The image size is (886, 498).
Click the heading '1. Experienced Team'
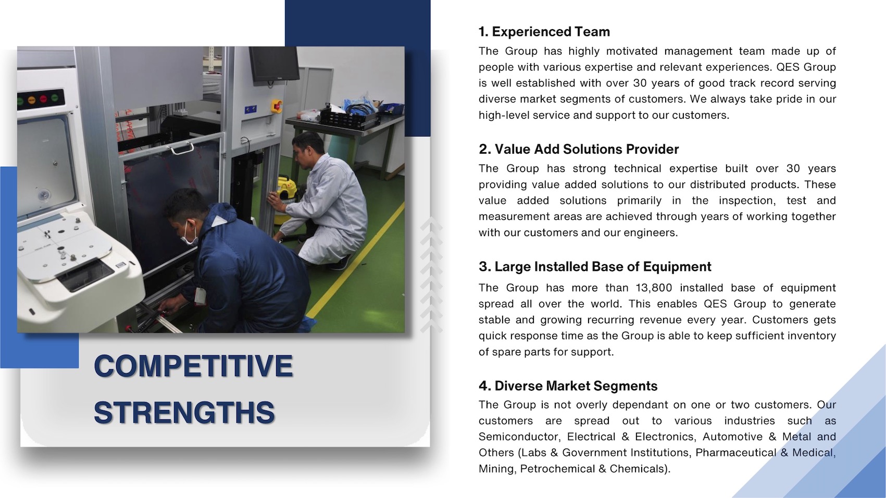click(x=544, y=32)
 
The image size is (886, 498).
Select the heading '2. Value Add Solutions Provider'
click(x=579, y=149)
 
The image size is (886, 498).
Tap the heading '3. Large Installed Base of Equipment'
click(x=595, y=267)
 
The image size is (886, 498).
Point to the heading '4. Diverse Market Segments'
click(x=568, y=385)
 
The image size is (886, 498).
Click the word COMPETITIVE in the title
click(x=193, y=366)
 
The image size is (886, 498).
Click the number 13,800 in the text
click(x=654, y=288)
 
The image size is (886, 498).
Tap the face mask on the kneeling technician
click(x=190, y=234)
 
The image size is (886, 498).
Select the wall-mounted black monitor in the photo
click(x=273, y=64)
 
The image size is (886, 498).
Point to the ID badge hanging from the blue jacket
click(x=200, y=296)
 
